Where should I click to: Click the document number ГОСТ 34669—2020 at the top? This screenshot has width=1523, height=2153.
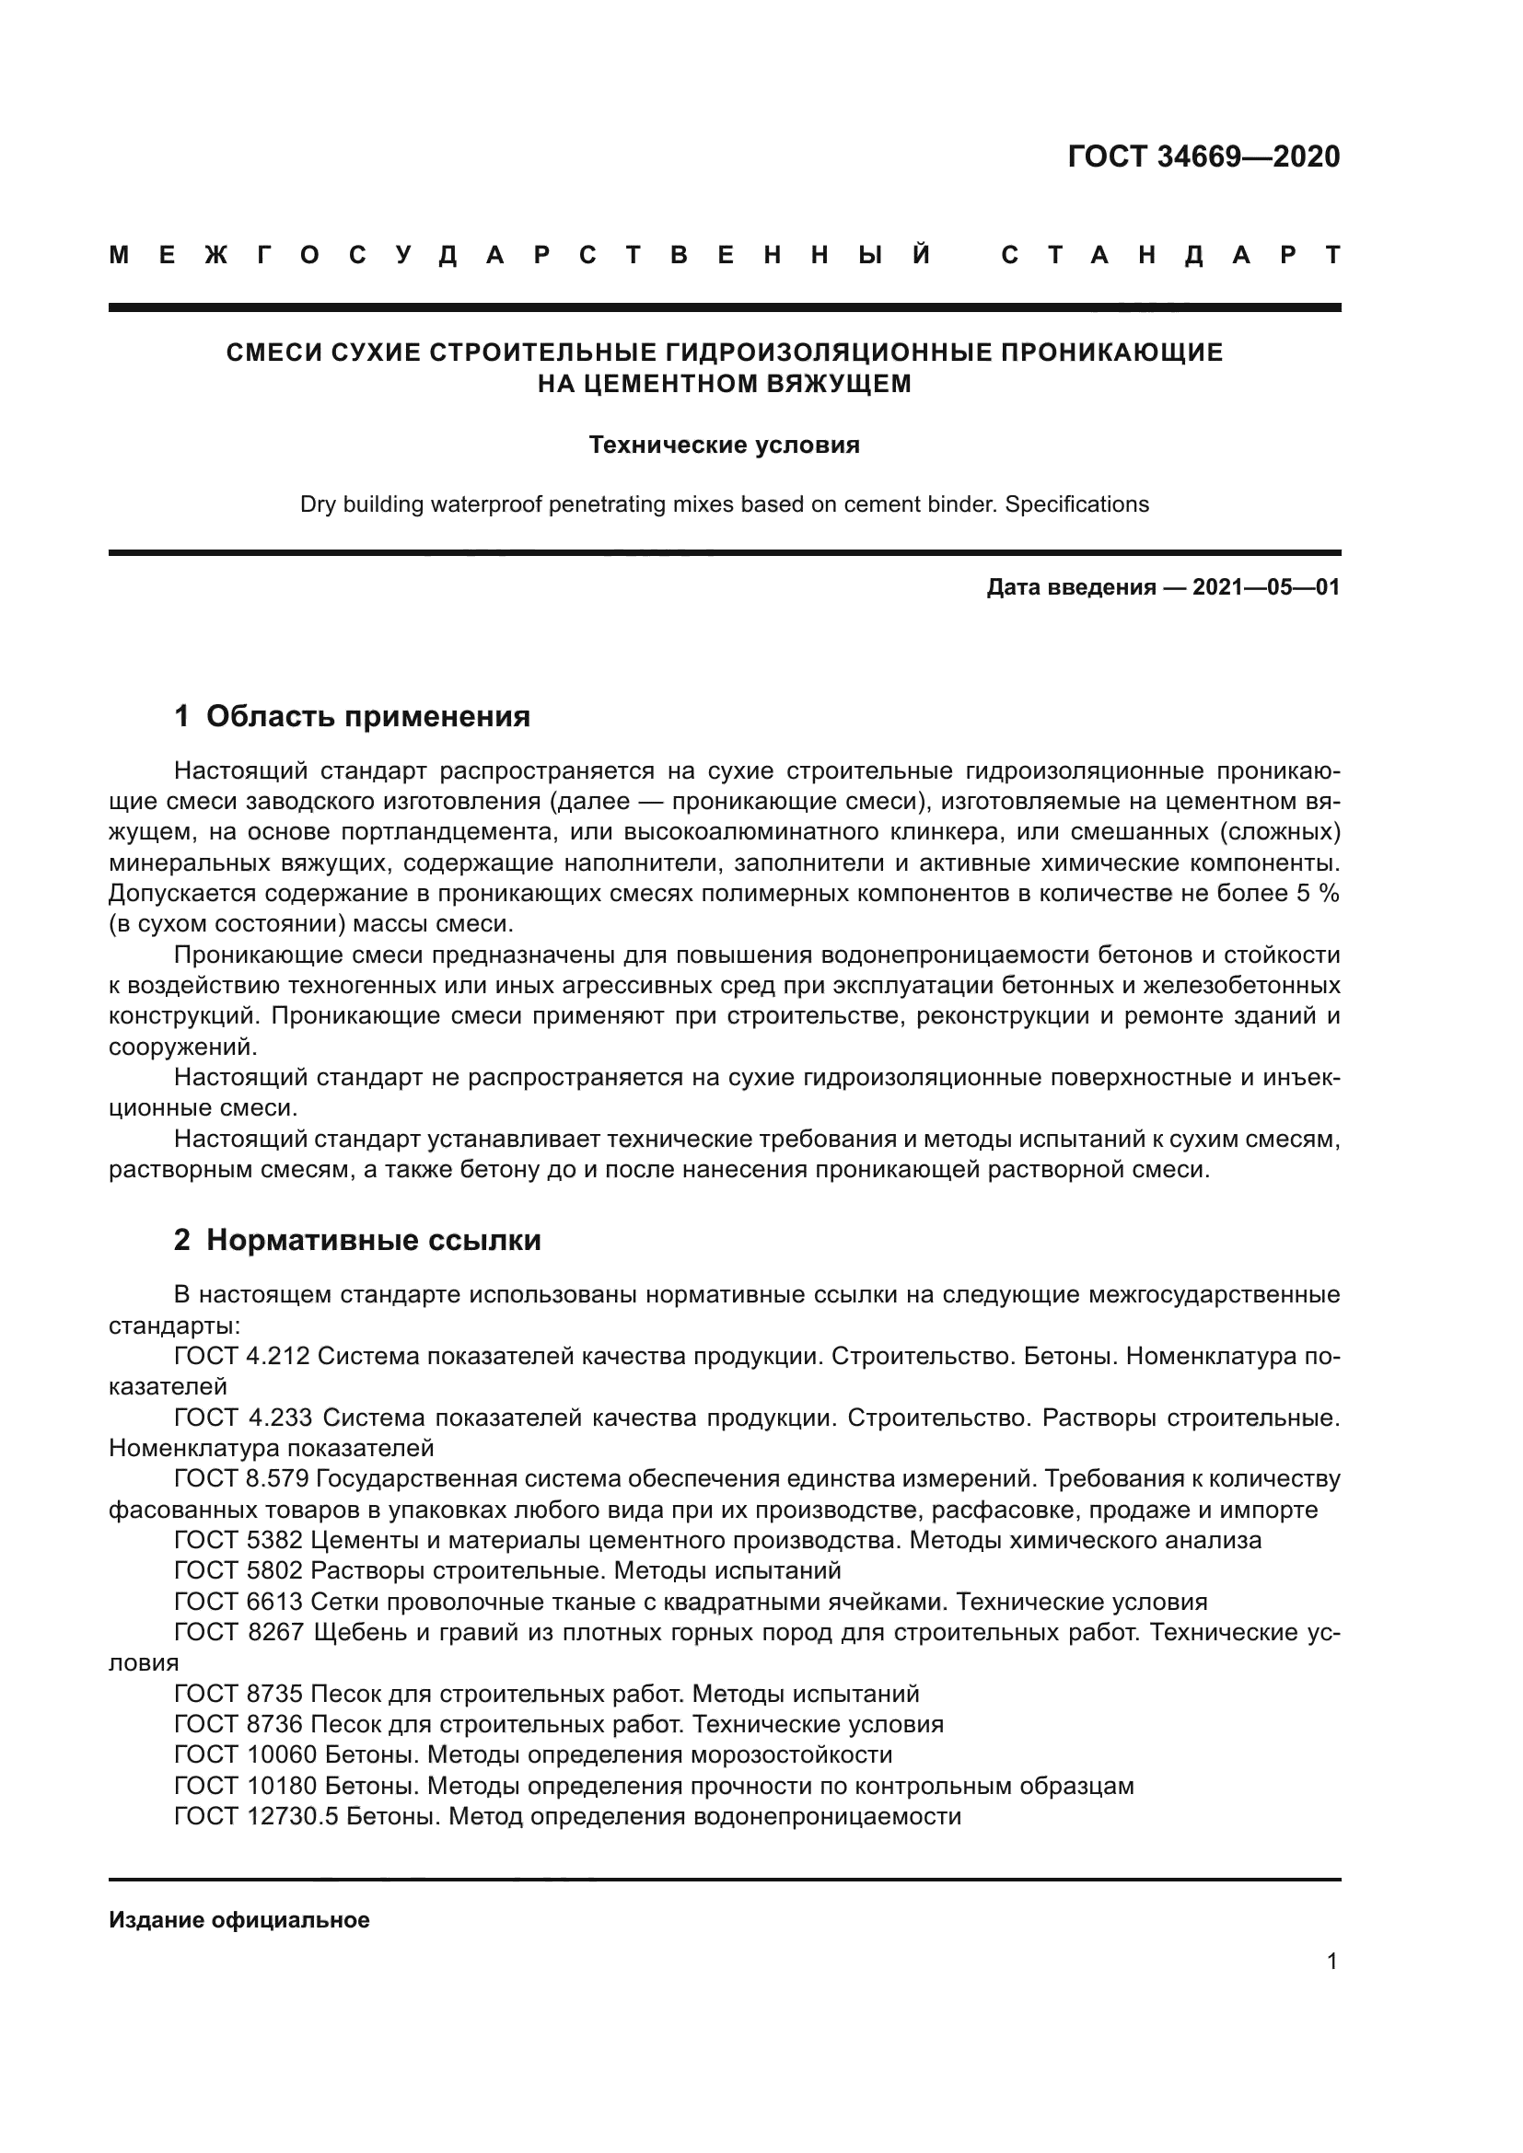coord(1203,156)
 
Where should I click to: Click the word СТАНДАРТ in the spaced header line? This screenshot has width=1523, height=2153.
coord(1170,256)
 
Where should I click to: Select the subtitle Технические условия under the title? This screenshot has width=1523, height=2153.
coord(724,445)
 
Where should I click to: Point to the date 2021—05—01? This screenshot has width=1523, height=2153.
coord(1266,588)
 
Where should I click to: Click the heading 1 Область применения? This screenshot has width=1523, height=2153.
coord(353,716)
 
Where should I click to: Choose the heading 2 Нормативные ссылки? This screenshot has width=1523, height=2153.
coord(357,1240)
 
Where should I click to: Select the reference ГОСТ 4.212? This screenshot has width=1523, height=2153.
coord(242,1356)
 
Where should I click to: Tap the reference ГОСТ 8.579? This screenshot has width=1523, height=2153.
coord(241,1479)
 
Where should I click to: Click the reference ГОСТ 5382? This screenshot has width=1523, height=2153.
coord(238,1540)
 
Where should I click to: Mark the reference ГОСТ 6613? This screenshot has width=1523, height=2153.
coord(238,1602)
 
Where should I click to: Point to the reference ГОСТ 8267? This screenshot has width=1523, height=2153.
coord(239,1633)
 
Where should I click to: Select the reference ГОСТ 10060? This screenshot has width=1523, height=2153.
coord(246,1754)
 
